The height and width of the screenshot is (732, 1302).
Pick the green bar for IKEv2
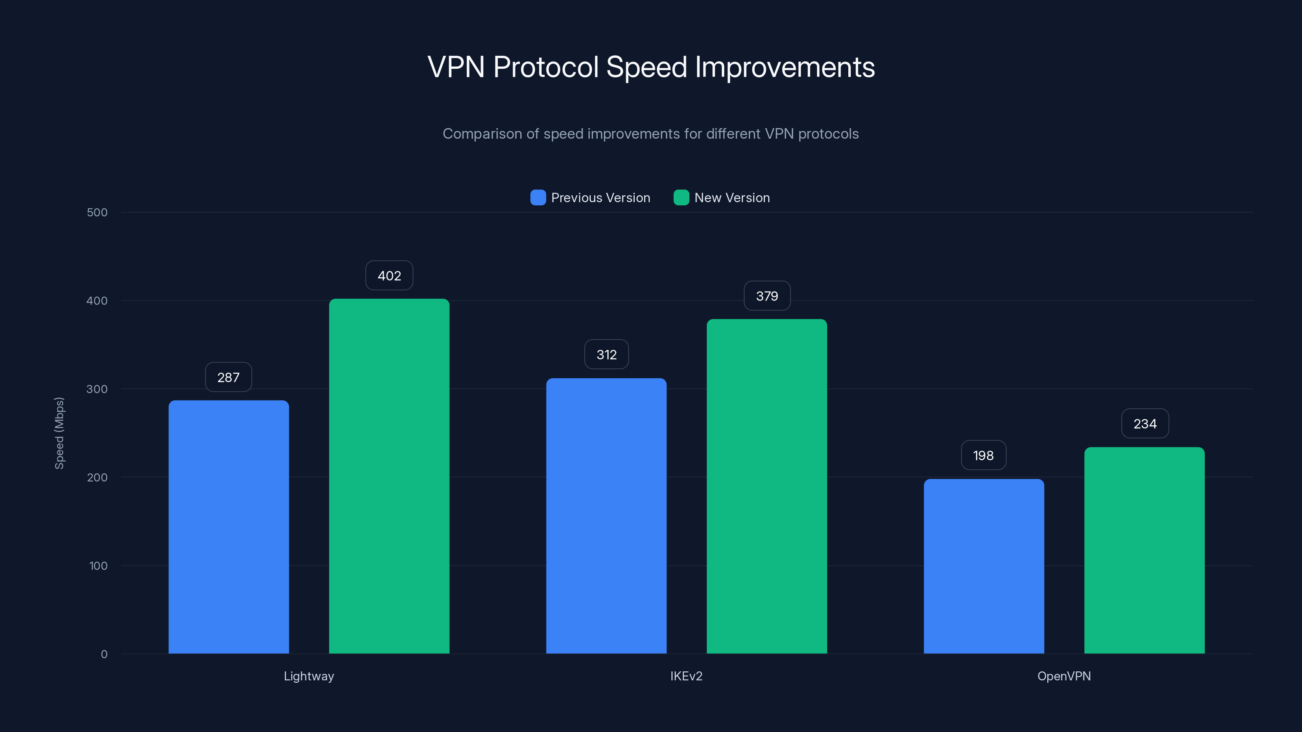767,486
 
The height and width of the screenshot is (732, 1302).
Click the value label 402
389,276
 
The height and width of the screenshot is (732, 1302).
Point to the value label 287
228,377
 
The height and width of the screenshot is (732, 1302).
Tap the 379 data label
767,296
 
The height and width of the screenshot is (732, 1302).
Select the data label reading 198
983,455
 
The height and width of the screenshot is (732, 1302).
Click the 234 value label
1145,424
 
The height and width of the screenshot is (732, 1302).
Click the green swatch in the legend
681,198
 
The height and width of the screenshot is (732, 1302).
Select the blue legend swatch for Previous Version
538,198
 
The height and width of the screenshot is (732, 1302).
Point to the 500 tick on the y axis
97,212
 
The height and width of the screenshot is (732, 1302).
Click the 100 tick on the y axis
98,566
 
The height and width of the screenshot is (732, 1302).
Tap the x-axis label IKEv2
686,676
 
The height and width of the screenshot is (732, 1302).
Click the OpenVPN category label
1064,676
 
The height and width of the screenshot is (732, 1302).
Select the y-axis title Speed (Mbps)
59,433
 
